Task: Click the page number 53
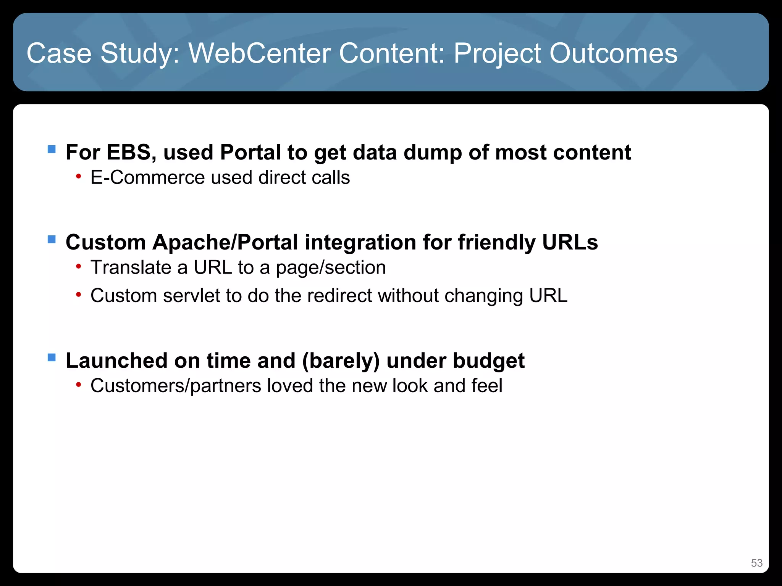click(756, 563)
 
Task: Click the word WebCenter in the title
click(260, 53)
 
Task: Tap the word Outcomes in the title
click(613, 53)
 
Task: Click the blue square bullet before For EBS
click(52, 149)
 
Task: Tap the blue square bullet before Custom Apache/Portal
click(52, 239)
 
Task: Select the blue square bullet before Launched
click(52, 357)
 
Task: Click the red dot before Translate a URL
click(78, 266)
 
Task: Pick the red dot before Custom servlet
click(78, 295)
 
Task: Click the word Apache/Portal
click(225, 242)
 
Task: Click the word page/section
click(331, 267)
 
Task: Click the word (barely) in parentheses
click(341, 361)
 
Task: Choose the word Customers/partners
click(176, 386)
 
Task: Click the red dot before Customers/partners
click(78, 385)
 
